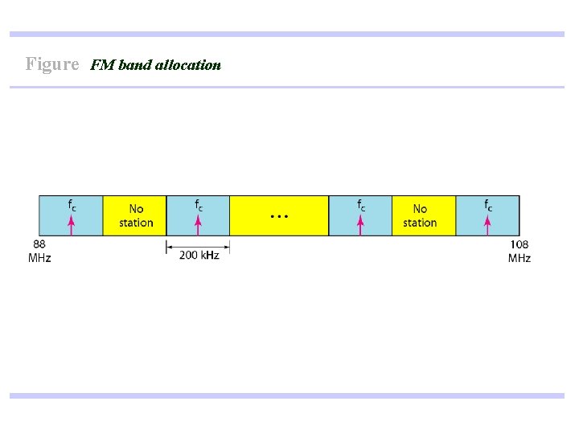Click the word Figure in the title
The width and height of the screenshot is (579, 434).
(52, 63)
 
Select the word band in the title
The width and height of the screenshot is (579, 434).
(135, 65)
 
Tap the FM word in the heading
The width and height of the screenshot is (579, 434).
(103, 65)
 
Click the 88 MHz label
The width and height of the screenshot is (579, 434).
(39, 251)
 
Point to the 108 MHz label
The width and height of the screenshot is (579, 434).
(519, 251)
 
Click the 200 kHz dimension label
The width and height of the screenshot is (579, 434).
(199, 255)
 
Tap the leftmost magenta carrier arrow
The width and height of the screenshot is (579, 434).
(72, 224)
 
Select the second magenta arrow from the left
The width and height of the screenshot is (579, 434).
(198, 224)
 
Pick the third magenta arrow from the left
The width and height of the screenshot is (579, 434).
(360, 224)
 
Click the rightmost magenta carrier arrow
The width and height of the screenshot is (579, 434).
(487, 224)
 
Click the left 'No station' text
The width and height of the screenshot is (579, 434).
(136, 215)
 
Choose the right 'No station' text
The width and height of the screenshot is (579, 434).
(420, 215)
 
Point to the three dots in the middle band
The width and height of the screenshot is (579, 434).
(278, 216)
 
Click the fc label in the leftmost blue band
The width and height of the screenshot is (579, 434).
(72, 205)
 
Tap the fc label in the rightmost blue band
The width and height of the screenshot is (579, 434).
(488, 205)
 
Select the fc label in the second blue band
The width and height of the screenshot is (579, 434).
(199, 205)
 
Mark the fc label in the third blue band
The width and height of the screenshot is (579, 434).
(361, 205)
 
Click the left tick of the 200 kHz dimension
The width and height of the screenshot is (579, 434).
(166, 247)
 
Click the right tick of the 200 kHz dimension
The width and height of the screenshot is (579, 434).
(230, 247)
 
